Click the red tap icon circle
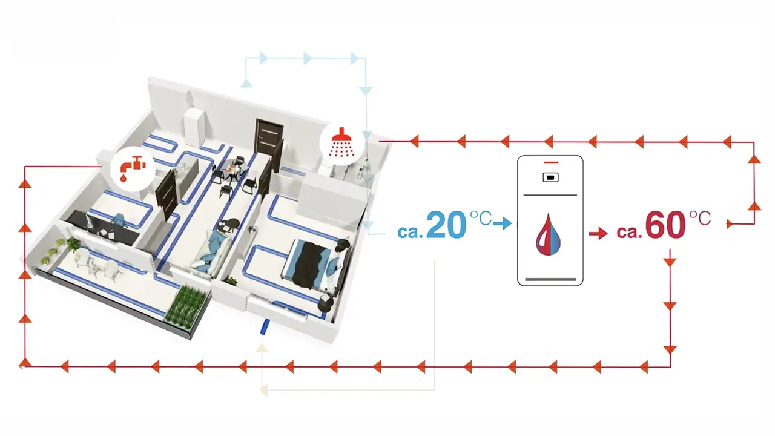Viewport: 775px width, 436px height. (130, 167)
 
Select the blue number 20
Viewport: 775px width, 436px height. (447, 225)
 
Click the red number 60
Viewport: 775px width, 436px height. (665, 226)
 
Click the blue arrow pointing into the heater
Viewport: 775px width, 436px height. (502, 224)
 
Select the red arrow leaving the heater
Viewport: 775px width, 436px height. (598, 233)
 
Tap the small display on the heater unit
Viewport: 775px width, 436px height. (550, 177)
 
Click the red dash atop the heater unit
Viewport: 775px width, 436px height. (550, 163)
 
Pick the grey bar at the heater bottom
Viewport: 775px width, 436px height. (550, 279)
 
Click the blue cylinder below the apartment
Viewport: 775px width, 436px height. (264, 328)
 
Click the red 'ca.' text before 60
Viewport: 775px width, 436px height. (629, 232)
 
